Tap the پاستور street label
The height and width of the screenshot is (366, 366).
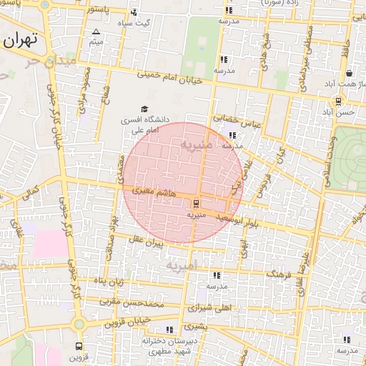[98, 9]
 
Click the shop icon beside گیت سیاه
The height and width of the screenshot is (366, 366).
[134, 12]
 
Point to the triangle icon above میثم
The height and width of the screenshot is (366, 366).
[97, 32]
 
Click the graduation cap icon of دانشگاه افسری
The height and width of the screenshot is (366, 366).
[145, 109]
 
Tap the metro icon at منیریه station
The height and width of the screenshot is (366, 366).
[197, 204]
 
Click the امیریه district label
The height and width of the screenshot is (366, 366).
[180, 267]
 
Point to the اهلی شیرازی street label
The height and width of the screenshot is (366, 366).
[212, 309]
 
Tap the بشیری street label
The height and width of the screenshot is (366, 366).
[194, 326]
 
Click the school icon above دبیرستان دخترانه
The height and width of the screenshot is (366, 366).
[169, 330]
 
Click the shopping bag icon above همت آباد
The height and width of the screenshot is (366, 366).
[349, 73]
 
